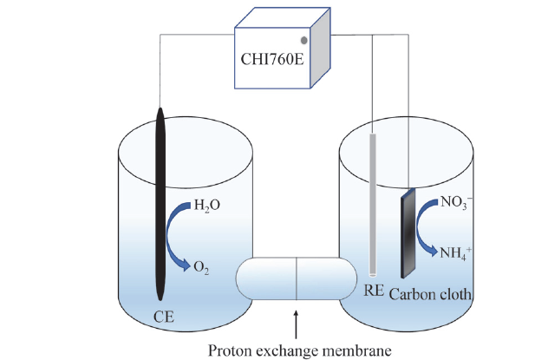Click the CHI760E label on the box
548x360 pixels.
coord(272,59)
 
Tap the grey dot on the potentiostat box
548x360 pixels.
coord(304,41)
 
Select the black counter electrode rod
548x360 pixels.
coord(160,204)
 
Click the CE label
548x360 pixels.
coord(164,317)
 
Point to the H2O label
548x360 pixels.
coord(207,206)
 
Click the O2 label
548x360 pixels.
coord(201,268)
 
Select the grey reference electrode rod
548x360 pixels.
coord(373,206)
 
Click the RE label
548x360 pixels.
coord(374,291)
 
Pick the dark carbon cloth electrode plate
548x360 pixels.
coord(408,233)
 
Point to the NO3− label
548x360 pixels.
coord(456,202)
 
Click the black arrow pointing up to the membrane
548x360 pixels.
coord(296,324)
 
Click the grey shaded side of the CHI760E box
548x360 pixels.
coord(321,48)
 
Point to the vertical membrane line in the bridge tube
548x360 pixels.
coord(297,279)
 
